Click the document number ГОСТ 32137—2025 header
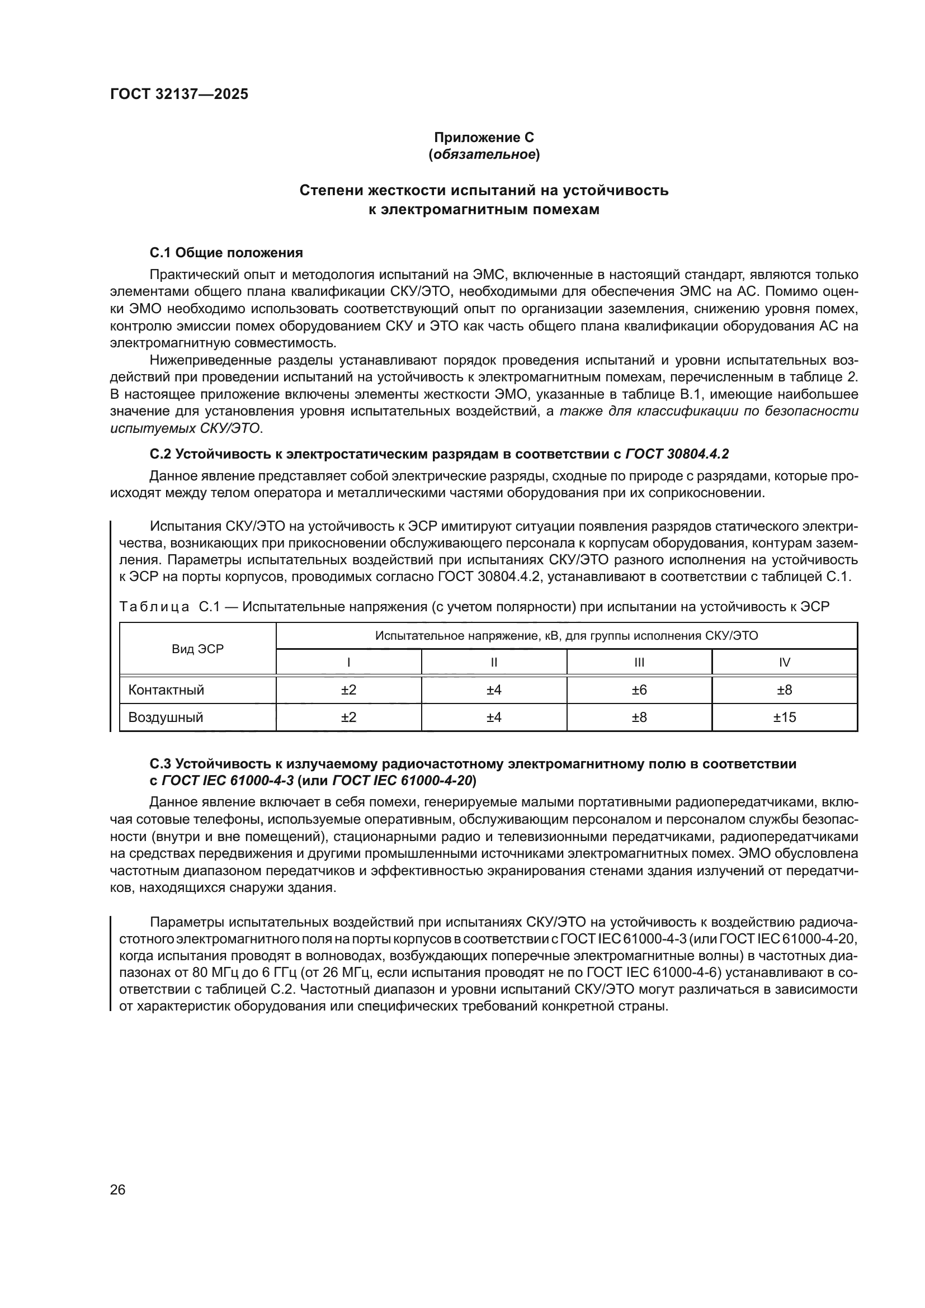(179, 95)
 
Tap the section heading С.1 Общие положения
(226, 252)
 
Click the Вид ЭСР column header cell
(197, 649)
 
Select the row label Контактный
(166, 690)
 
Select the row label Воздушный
(166, 717)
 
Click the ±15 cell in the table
(784, 717)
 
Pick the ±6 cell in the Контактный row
(639, 690)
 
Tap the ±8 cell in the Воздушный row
(639, 717)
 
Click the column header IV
(784, 663)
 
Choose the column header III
(639, 663)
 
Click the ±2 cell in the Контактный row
(348, 690)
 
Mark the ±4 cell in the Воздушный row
(494, 717)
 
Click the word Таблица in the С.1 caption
(154, 607)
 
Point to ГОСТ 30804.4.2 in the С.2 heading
(677, 454)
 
